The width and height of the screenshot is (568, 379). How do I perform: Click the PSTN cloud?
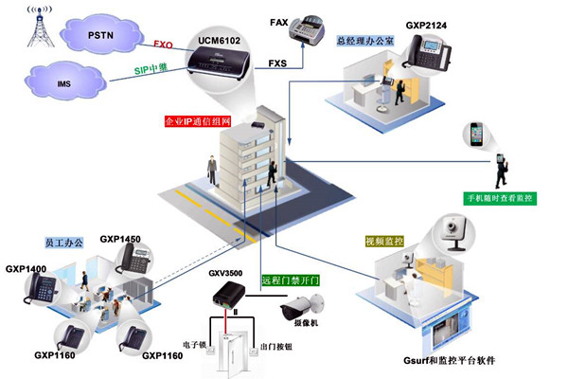(99, 35)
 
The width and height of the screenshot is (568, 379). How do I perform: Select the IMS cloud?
(64, 83)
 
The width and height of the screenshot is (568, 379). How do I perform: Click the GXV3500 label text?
(225, 273)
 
